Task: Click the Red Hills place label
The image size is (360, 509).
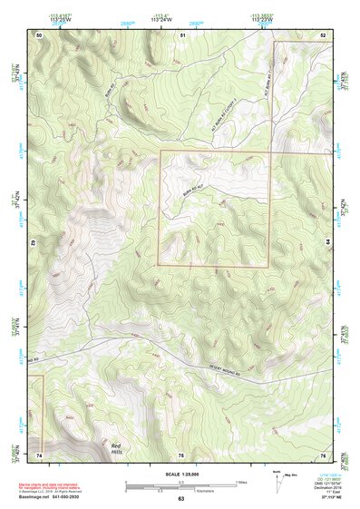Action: coord(115,448)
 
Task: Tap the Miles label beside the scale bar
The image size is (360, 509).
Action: coord(240,481)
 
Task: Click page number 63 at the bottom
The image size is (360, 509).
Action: coord(181,498)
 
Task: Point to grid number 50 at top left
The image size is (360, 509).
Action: coord(39,34)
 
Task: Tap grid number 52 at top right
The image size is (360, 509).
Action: coord(323,34)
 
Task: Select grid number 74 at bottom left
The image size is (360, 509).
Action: coord(39,453)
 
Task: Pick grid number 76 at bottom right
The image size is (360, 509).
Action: coord(323,453)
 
